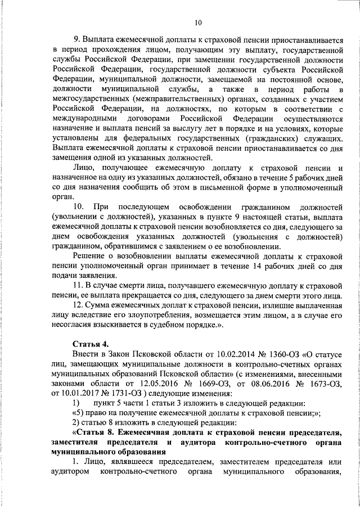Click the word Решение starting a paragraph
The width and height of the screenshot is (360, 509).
[90, 255]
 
